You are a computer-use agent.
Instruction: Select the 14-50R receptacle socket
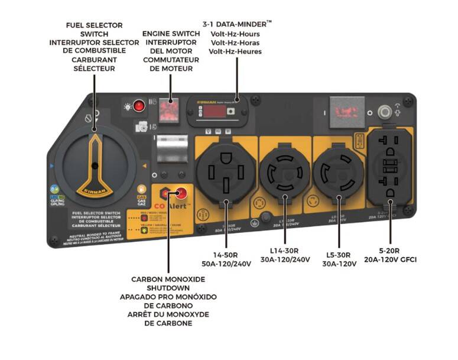227,171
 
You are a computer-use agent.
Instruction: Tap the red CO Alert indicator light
181,194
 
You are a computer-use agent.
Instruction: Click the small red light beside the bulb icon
139,106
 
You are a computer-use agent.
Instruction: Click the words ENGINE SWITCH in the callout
170,34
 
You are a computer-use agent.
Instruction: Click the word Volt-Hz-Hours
235,34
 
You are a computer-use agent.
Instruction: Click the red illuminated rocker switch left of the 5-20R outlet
344,111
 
